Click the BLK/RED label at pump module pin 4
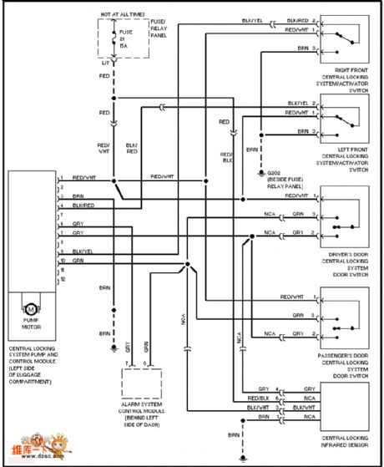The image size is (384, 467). coord(83,205)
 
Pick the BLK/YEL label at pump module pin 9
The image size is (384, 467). coord(83,251)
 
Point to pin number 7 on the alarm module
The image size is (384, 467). coord(126,363)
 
